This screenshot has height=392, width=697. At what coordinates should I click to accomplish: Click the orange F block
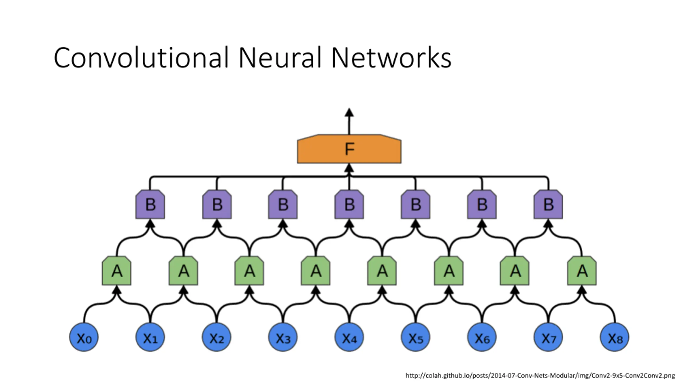(x=349, y=149)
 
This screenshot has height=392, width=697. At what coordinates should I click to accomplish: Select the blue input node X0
(x=84, y=337)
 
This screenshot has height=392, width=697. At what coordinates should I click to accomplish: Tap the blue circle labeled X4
(x=349, y=337)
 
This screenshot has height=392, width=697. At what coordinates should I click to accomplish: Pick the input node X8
(x=615, y=337)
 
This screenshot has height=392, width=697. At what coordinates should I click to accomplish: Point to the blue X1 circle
(x=150, y=337)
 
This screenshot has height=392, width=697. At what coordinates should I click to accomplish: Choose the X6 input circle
(x=482, y=337)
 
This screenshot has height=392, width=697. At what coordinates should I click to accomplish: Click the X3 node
(x=283, y=337)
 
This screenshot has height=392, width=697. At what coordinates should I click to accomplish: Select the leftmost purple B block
(x=150, y=204)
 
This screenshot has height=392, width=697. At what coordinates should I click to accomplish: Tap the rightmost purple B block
(x=548, y=204)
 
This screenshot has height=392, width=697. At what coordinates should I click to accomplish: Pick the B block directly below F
(x=349, y=204)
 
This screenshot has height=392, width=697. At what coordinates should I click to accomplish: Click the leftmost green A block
(x=117, y=271)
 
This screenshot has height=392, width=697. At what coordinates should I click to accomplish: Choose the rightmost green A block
(x=582, y=271)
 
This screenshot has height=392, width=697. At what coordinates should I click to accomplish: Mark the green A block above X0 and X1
(x=117, y=271)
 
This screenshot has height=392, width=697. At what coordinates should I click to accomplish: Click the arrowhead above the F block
(x=349, y=113)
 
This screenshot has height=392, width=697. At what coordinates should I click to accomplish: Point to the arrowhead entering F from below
(x=349, y=168)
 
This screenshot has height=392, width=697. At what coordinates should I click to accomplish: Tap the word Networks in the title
(x=391, y=57)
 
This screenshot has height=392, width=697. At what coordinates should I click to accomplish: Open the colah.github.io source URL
(x=540, y=376)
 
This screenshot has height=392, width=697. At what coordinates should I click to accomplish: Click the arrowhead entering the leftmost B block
(x=150, y=224)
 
